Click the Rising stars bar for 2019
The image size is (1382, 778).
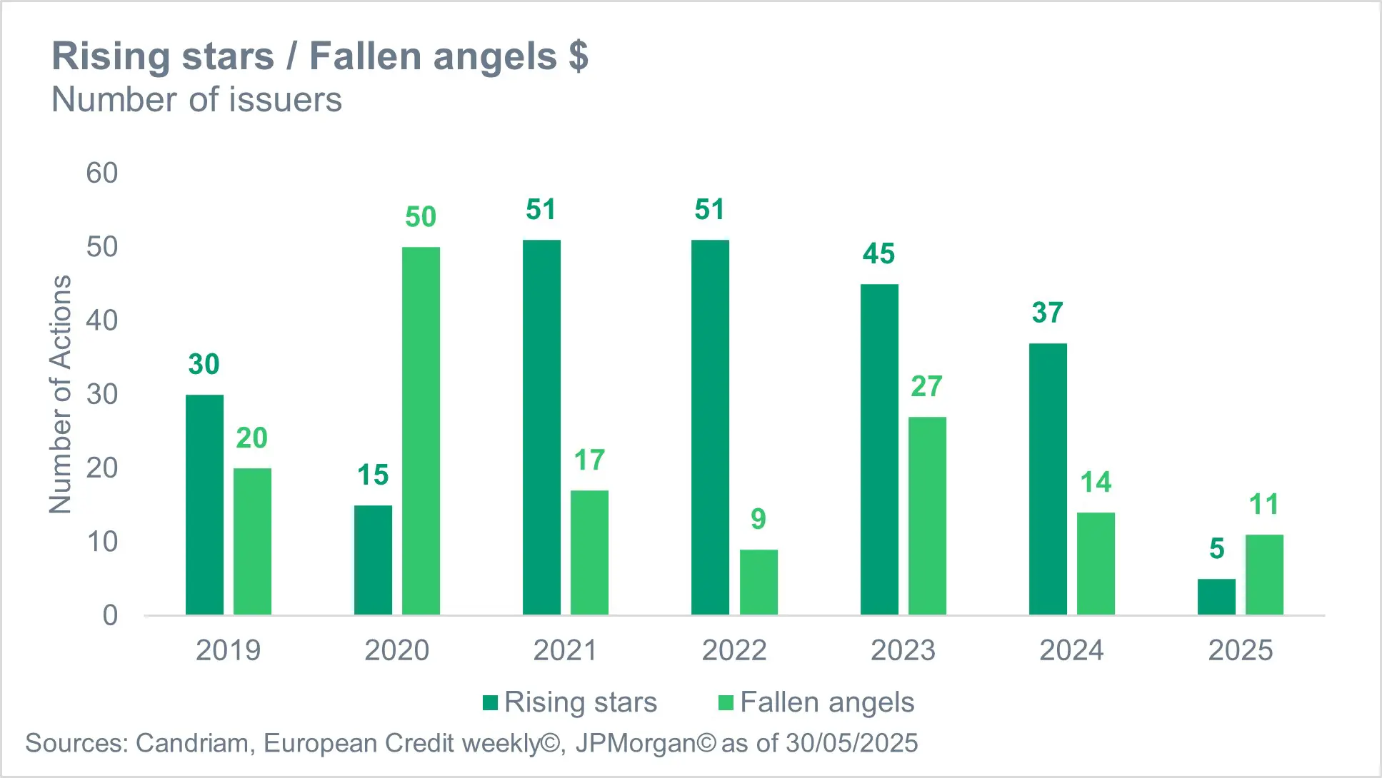pyautogui.click(x=204, y=505)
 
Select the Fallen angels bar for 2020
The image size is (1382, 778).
pyautogui.click(x=421, y=431)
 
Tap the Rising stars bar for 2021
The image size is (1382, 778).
pyautogui.click(x=541, y=427)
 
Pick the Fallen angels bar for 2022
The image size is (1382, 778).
pyautogui.click(x=758, y=582)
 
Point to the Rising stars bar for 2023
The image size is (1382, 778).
pyautogui.click(x=879, y=450)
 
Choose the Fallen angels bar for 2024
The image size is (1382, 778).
pyautogui.click(x=1096, y=563)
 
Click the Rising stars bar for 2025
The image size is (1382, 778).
pyautogui.click(x=1216, y=597)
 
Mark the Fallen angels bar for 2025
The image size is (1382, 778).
pyautogui.click(x=1264, y=575)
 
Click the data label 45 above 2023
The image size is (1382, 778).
pyautogui.click(x=878, y=254)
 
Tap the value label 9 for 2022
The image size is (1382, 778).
pyautogui.click(x=758, y=519)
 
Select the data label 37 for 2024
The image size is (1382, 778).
pyautogui.click(x=1048, y=313)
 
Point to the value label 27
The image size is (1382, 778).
pyautogui.click(x=926, y=387)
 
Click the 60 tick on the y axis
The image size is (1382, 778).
pyautogui.click(x=102, y=173)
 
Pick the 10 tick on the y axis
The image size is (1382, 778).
pyautogui.click(x=102, y=542)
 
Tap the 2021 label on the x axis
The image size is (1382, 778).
pyautogui.click(x=565, y=650)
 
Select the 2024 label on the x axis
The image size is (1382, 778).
pyautogui.click(x=1071, y=650)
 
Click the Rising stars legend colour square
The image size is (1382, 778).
pyautogui.click(x=490, y=703)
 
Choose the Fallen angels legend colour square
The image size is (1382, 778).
pyautogui.click(x=726, y=703)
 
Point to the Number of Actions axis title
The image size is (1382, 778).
pyautogui.click(x=61, y=394)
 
